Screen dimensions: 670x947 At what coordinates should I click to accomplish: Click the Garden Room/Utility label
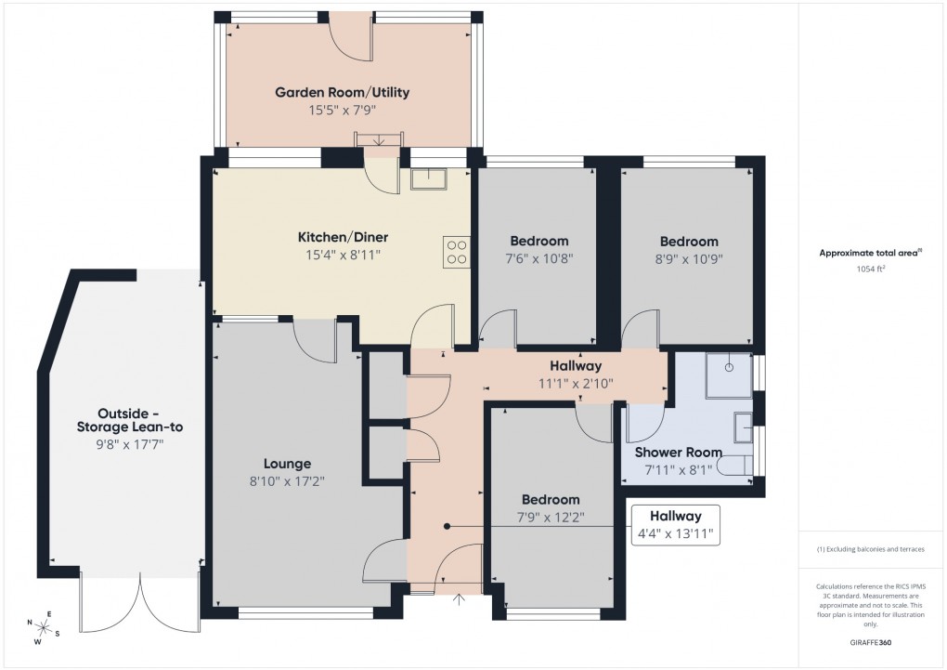click(x=342, y=93)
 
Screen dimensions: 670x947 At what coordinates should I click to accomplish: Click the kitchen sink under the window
click(x=428, y=177)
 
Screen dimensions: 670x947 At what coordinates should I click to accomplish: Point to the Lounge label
click(x=287, y=464)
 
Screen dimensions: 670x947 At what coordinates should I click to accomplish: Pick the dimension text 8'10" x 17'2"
click(x=287, y=480)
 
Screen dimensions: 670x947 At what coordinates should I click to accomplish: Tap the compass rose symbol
click(x=44, y=630)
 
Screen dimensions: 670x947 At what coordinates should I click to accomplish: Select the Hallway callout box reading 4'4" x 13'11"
click(x=675, y=525)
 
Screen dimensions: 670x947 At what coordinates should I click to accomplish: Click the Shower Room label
click(x=678, y=453)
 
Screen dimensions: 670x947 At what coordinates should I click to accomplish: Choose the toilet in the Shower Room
click(x=739, y=465)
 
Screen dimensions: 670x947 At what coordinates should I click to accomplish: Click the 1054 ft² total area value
click(x=871, y=269)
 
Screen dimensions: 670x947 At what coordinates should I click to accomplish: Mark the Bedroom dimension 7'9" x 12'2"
click(x=550, y=517)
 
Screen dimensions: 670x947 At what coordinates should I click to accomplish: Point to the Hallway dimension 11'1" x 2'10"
click(x=576, y=383)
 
